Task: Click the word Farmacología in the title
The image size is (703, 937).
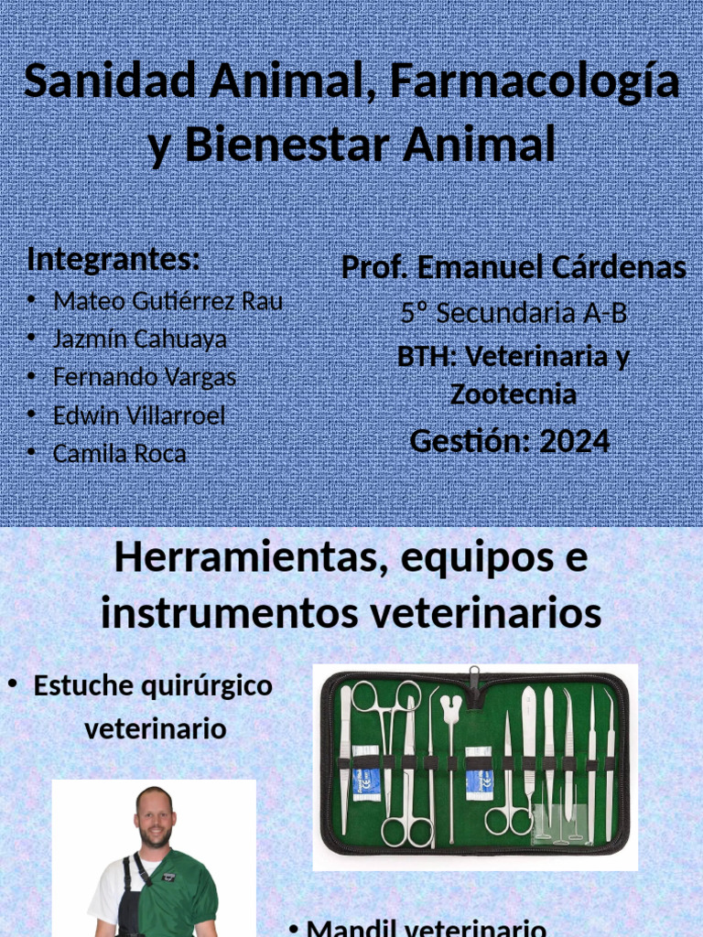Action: (535, 82)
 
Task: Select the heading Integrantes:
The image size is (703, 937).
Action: (114, 259)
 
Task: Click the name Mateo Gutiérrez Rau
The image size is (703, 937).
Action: (168, 300)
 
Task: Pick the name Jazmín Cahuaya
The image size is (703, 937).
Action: (140, 339)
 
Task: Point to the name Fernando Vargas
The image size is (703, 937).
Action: (145, 377)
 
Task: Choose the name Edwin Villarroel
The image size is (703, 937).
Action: (139, 415)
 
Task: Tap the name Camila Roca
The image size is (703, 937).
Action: (120, 454)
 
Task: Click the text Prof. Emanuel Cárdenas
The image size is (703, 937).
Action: (514, 268)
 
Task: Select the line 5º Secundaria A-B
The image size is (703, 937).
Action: (514, 313)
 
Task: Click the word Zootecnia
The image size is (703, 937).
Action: (514, 395)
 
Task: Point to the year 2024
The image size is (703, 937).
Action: (574, 441)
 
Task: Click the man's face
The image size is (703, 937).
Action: (154, 817)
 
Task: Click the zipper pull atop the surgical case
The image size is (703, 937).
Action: (474, 676)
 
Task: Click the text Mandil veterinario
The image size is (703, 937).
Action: (427, 927)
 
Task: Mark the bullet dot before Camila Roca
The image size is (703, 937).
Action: (32, 453)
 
